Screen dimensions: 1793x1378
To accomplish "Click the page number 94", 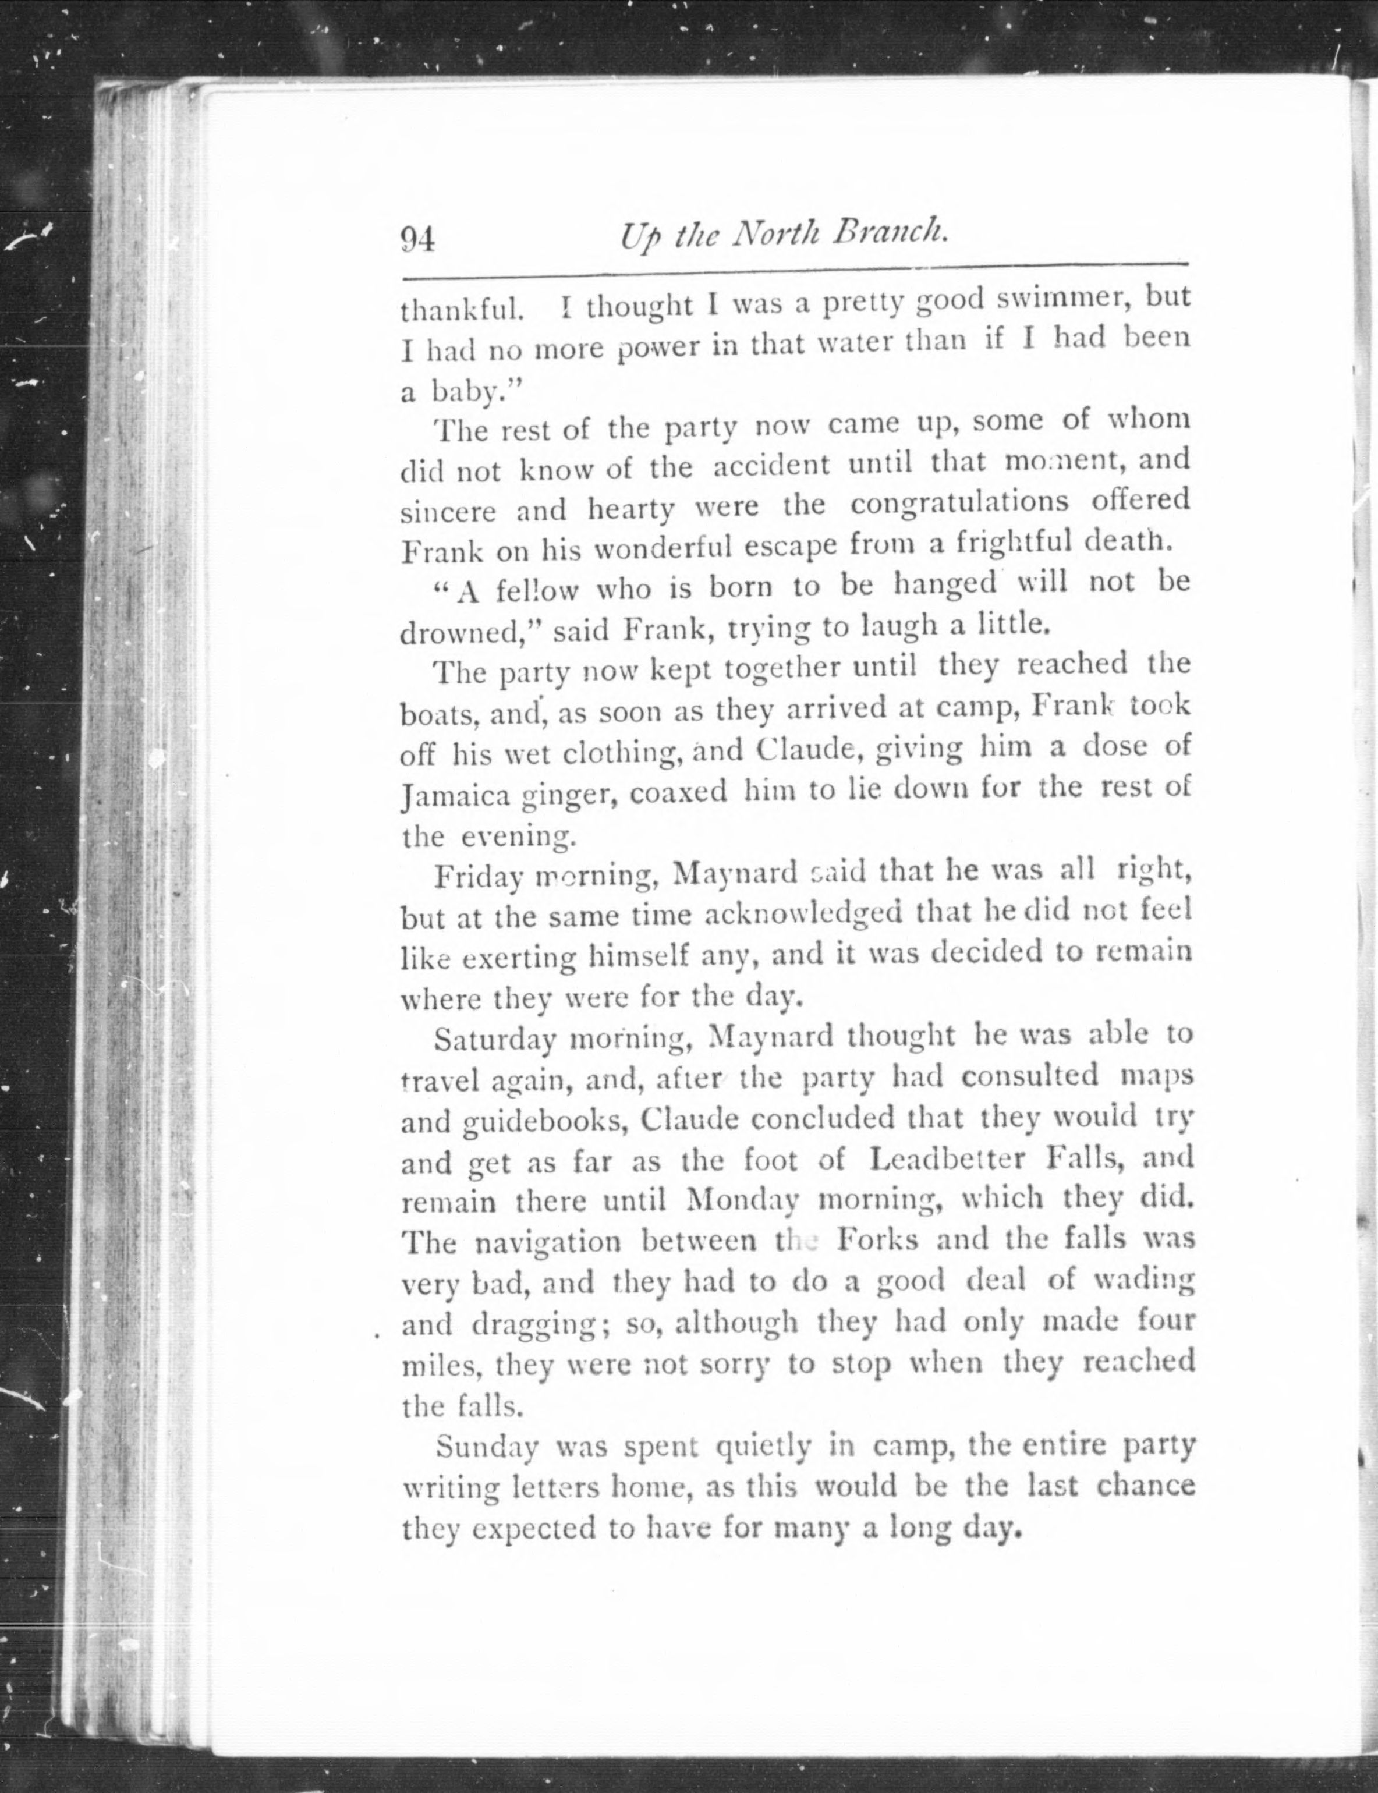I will click(417, 239).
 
